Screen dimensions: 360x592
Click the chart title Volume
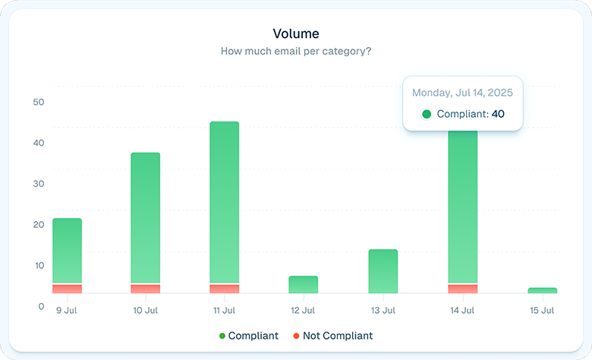point(296,33)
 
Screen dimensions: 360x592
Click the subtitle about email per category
point(296,51)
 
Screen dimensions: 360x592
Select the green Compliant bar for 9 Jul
point(67,251)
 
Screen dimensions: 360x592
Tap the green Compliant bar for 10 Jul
point(145,218)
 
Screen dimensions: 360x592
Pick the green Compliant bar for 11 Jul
point(224,202)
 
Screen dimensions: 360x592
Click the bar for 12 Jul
point(303,285)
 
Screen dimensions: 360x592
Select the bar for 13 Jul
point(383,271)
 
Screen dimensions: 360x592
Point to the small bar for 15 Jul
point(542,290)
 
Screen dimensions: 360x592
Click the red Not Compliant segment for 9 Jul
point(67,289)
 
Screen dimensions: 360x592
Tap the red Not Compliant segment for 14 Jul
point(463,289)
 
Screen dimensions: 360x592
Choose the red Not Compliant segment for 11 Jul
point(224,289)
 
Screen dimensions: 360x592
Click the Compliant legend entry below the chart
point(248,336)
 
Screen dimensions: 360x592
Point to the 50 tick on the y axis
point(39,102)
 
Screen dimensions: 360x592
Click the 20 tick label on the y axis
point(39,224)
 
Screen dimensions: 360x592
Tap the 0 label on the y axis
point(41,306)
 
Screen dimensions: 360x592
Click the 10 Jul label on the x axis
point(145,310)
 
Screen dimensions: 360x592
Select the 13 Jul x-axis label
point(383,310)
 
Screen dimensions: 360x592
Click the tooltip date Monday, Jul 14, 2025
point(462,93)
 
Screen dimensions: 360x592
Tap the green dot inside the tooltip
point(427,114)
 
